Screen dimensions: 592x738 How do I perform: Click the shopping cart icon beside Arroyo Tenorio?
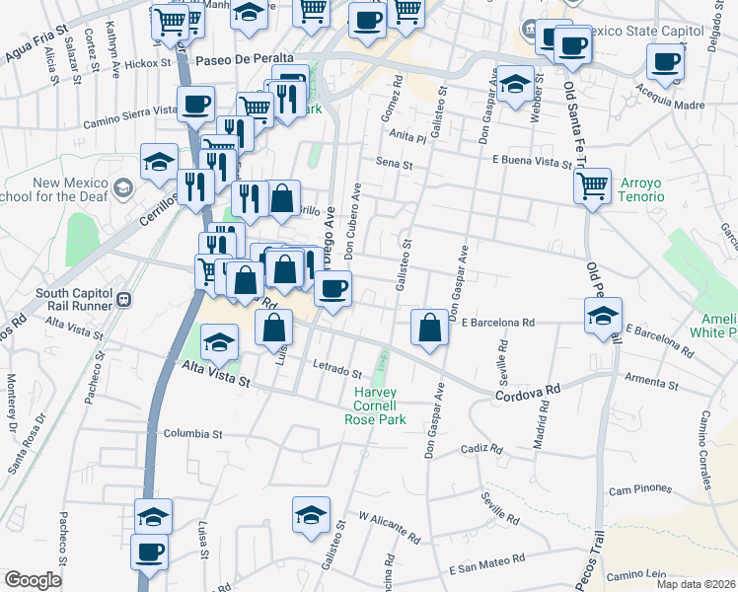click(x=592, y=185)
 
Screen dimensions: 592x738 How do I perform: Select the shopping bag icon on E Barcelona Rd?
click(x=430, y=326)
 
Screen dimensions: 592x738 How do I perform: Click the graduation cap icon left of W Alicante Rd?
click(x=311, y=515)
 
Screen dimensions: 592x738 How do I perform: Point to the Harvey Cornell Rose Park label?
click(x=375, y=406)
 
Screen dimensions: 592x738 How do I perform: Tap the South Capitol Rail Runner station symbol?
click(x=124, y=299)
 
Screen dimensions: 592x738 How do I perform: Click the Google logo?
click(x=33, y=580)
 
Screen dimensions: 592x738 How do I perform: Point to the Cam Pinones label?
click(x=639, y=489)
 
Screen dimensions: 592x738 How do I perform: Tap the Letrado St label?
click(x=338, y=373)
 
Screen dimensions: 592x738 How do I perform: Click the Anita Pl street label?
click(x=406, y=138)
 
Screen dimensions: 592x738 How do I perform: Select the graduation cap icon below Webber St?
click(x=514, y=85)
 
